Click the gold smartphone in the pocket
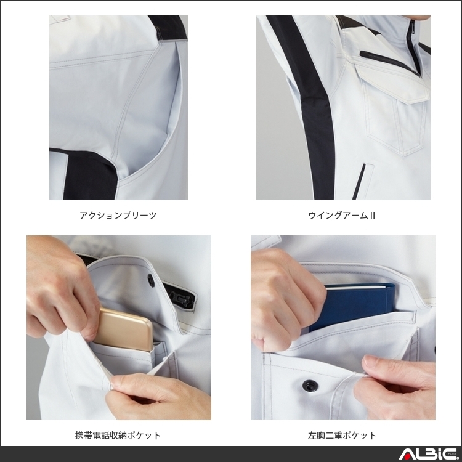pyautogui.click(x=127, y=329)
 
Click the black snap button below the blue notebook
pyautogui.click(x=308, y=386)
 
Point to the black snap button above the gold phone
pyautogui.click(x=151, y=280)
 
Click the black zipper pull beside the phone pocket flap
pyautogui.click(x=183, y=298)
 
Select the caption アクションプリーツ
pyautogui.click(x=118, y=216)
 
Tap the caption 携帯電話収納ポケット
pyautogui.click(x=118, y=436)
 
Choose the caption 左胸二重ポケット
pyautogui.click(x=342, y=436)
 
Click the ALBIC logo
pyautogui.click(x=426, y=455)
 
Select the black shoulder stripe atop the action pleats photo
pyautogui.click(x=166, y=28)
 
